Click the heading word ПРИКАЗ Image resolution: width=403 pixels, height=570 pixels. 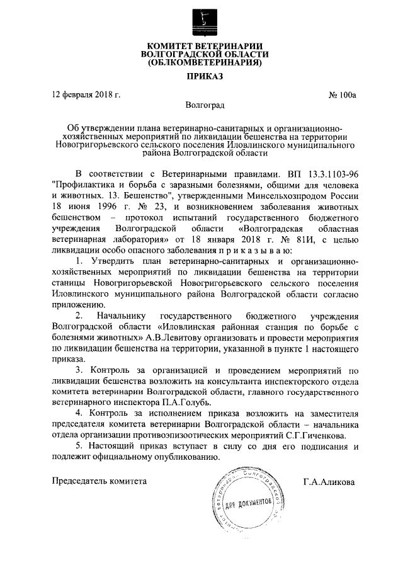tap(201, 77)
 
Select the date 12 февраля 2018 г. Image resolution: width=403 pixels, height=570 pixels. tap(86, 96)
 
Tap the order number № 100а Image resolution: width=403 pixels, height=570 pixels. tap(342, 96)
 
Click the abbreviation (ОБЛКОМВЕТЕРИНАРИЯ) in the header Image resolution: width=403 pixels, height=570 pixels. tap(201, 63)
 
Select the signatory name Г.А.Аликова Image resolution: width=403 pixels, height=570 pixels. tap(328, 482)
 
